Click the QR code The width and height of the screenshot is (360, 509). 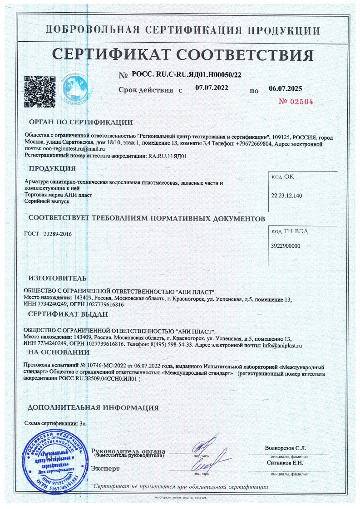pos(39,91)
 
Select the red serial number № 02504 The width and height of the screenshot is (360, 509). pos(296,102)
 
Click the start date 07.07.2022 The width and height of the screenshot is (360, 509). pos(212,88)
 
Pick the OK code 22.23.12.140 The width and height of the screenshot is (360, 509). pos(286,195)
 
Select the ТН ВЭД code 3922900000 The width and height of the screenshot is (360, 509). pos(286,245)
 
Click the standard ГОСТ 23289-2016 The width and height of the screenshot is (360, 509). pos(48,234)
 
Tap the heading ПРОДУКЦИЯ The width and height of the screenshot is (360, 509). pos(52,169)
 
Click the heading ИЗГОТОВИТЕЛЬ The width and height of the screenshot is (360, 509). pos(57,278)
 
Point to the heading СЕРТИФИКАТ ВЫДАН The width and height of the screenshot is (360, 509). pos(68,314)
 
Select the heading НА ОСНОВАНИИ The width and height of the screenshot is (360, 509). pos(59,352)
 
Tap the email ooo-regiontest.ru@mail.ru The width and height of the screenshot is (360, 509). pos(73,148)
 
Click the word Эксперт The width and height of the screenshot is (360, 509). pos(105,468)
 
